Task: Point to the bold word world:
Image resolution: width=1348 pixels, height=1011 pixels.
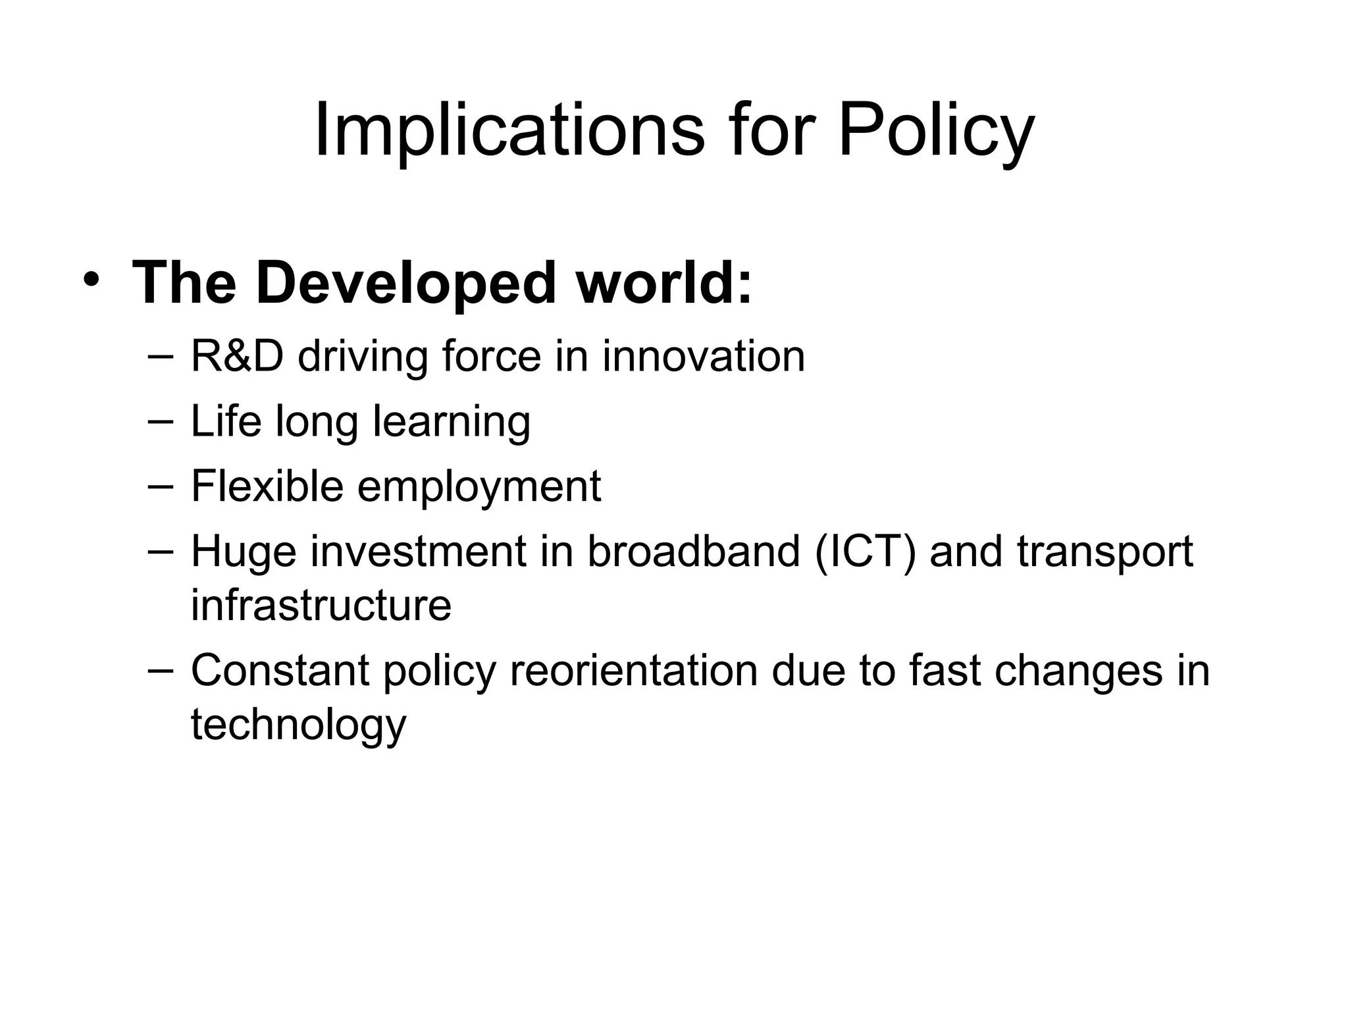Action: [663, 284]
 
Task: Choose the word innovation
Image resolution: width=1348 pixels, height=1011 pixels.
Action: [703, 356]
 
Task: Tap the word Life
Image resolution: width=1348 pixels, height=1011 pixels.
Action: [226, 421]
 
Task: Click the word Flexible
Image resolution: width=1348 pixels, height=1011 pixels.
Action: [267, 486]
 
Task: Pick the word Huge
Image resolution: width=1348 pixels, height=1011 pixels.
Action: [244, 552]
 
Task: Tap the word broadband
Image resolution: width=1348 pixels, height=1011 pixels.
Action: [693, 552]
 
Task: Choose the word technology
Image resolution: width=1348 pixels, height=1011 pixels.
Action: [298, 725]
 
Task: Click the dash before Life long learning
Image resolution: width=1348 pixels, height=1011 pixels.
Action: [161, 419]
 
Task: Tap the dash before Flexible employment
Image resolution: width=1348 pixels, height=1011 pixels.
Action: [161, 484]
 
